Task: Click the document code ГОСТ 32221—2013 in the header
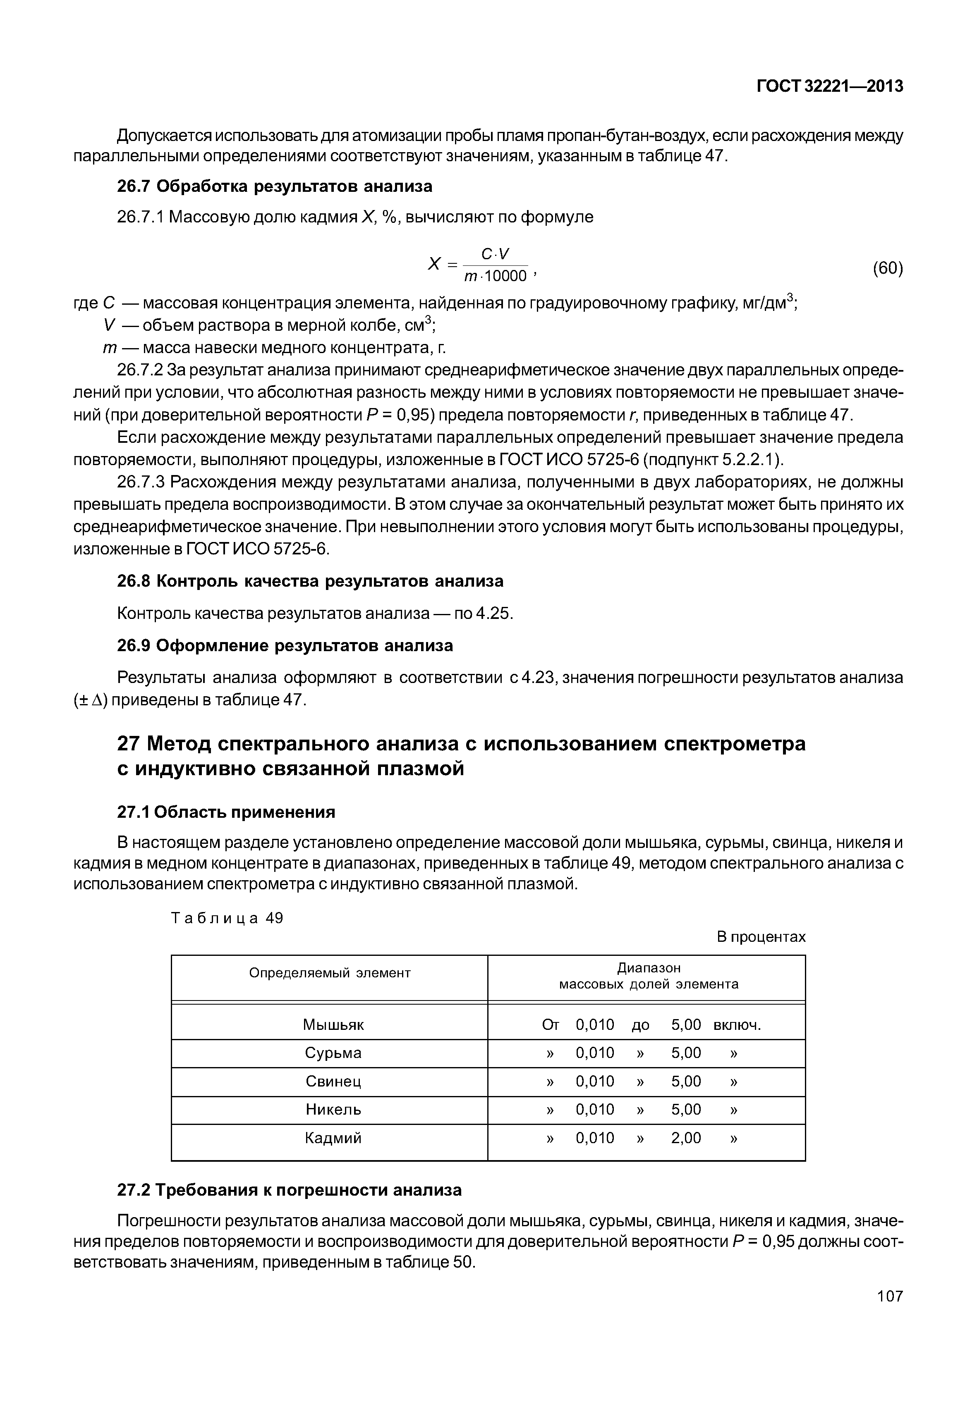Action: coord(829,87)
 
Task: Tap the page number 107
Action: coord(889,1296)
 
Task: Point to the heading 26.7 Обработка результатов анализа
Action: coord(274,186)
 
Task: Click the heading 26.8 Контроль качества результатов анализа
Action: coord(310,581)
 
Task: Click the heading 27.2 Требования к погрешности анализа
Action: coord(289,1190)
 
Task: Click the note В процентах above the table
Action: coord(761,937)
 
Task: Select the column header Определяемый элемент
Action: coord(329,973)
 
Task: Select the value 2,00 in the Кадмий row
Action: coord(686,1138)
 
